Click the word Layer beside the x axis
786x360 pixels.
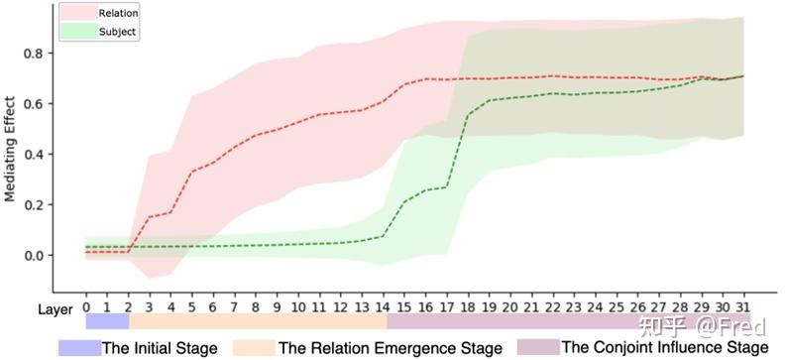57,308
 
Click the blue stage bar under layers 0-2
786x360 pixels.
107,321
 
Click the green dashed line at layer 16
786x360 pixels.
426,189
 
